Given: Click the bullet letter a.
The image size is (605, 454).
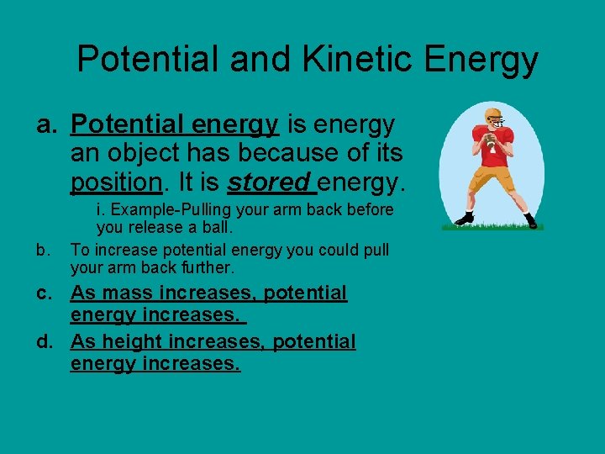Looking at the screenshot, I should [46, 125].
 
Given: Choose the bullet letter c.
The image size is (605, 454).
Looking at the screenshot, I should [46, 293].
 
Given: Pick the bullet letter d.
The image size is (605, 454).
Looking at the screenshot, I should [46, 342].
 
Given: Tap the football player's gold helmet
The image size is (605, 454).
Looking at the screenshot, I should [492, 115].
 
